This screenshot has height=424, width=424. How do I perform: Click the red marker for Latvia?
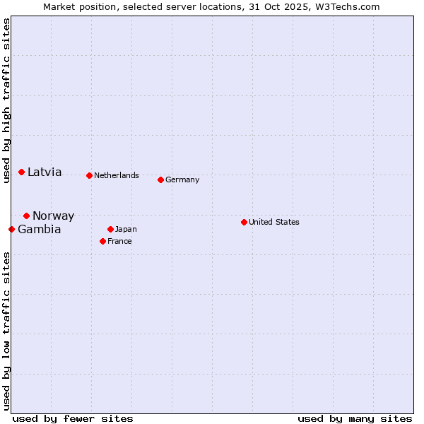[21, 172]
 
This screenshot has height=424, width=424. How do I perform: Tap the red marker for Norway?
[26, 216]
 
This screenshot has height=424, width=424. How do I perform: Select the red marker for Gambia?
[11, 229]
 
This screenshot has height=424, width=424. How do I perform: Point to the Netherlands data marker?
[89, 175]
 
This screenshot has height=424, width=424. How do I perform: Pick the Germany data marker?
[160, 179]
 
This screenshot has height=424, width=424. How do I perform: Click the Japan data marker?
[110, 229]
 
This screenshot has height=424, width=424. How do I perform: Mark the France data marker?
[102, 241]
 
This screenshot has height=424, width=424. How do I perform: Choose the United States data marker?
[244, 222]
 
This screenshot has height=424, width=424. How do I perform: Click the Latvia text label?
[45, 172]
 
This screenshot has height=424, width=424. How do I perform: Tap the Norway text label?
[53, 216]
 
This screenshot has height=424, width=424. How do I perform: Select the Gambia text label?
[39, 230]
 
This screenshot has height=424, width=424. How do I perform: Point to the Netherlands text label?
[117, 176]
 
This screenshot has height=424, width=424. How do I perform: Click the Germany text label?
[182, 180]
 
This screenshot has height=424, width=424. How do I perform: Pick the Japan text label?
[126, 230]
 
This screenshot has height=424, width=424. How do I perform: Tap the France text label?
[119, 242]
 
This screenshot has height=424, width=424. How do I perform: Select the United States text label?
[274, 223]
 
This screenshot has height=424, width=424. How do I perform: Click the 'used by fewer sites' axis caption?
[73, 418]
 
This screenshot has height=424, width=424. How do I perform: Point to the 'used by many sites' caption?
[355, 418]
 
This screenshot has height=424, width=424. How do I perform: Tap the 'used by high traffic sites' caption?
[6, 100]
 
